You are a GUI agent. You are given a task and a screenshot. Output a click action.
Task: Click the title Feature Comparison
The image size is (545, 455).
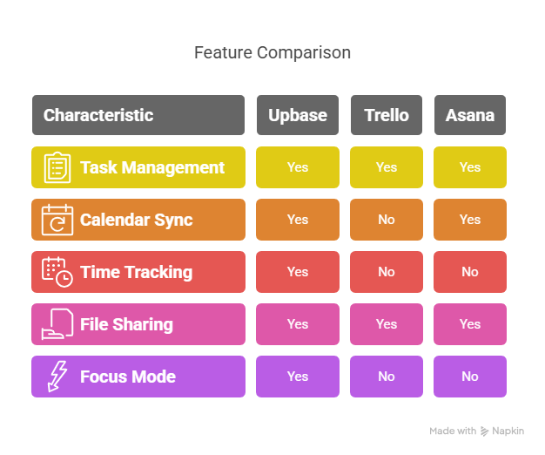click(x=272, y=53)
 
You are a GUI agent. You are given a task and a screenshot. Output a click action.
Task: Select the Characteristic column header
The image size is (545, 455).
click(x=138, y=115)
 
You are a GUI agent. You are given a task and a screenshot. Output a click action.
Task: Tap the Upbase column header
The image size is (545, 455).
click(x=298, y=115)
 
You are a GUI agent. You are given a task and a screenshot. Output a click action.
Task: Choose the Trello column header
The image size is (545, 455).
click(x=387, y=115)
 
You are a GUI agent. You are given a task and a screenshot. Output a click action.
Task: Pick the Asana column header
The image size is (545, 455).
click(x=470, y=115)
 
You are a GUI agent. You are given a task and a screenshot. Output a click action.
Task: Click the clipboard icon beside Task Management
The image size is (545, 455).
click(x=57, y=167)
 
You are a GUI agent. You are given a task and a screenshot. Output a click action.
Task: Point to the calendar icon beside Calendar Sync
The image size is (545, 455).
click(x=57, y=220)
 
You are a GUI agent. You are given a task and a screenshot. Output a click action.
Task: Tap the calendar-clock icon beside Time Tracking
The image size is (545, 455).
click(x=57, y=272)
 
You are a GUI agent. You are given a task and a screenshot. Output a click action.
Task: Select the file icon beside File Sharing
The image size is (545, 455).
click(x=57, y=324)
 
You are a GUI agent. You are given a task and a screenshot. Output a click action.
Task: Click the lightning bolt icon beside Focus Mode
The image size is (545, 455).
click(x=57, y=377)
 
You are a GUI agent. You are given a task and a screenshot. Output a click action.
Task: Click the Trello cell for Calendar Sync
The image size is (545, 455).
click(x=387, y=220)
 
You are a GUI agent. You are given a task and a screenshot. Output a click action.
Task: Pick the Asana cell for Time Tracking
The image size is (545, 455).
click(x=470, y=272)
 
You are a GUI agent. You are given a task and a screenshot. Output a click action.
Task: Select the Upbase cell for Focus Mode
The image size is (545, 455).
click(x=298, y=377)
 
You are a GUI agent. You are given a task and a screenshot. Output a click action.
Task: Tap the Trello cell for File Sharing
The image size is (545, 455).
click(x=387, y=324)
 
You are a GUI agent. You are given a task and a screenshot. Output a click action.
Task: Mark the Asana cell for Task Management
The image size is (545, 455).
click(x=470, y=167)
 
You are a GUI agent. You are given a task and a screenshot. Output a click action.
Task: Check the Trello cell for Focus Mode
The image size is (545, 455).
click(x=387, y=377)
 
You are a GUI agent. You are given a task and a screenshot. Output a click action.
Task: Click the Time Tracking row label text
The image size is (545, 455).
click(x=136, y=272)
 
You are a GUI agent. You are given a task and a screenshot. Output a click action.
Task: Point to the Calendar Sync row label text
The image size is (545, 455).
click(x=136, y=220)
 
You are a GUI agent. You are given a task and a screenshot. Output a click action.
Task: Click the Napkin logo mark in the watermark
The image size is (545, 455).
click(x=484, y=431)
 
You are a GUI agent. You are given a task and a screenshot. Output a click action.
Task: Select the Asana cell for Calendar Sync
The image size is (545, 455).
click(x=470, y=220)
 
